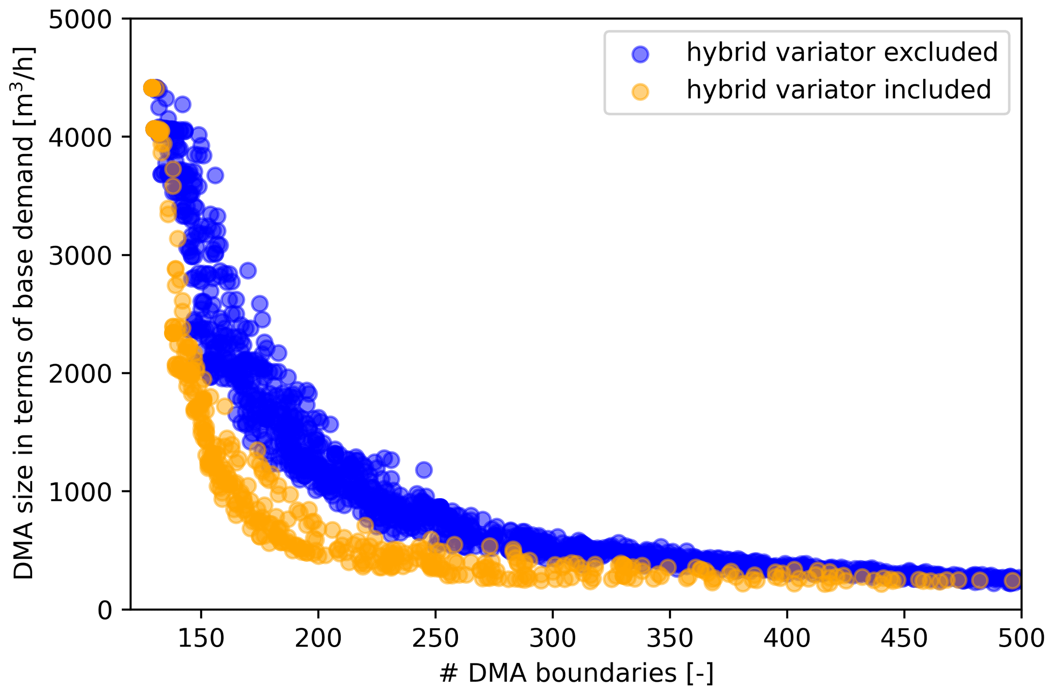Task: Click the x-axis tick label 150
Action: click(x=201, y=638)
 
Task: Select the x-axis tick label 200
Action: click(x=318, y=638)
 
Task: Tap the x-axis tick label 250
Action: click(x=435, y=638)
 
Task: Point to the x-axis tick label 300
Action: click(x=552, y=638)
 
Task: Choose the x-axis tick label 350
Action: click(x=669, y=638)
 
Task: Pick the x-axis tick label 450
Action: click(x=904, y=638)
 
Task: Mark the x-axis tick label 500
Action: click(x=1021, y=638)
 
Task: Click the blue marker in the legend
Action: click(x=640, y=54)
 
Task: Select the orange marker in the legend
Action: click(x=640, y=91)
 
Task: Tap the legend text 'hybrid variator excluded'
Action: click(x=842, y=53)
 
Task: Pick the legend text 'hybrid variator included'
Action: click(x=839, y=90)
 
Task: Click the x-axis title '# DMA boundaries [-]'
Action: click(x=576, y=674)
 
